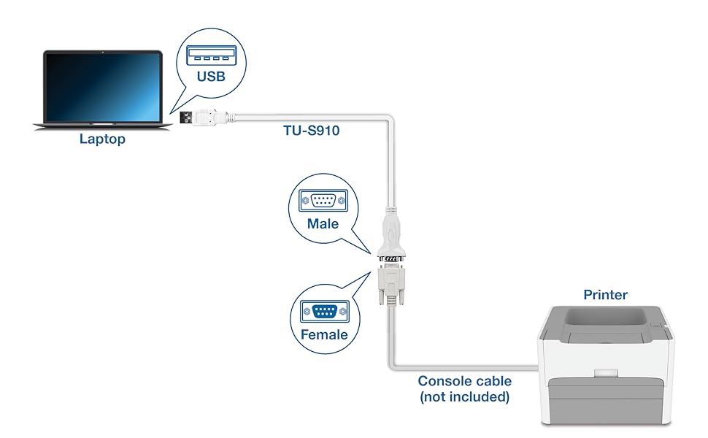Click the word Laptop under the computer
coord(102,139)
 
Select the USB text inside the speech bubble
coord(211,76)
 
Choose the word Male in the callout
coord(323,223)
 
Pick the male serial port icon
coord(323,201)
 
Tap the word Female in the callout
coord(324,335)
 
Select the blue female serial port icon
coord(324,312)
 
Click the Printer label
coord(605,295)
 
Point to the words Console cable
coord(464,381)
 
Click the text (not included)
coord(464,397)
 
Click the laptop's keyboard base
coord(102,125)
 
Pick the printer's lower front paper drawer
coord(605,405)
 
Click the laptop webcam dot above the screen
coord(102,53)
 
